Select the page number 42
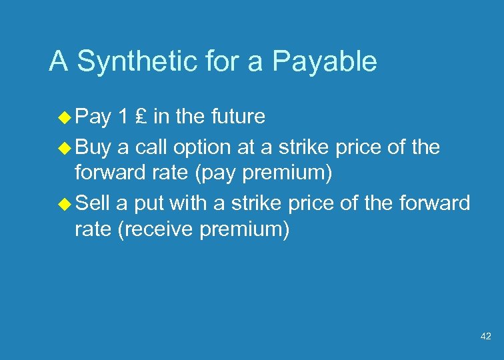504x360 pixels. point(485,337)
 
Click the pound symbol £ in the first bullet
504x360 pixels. point(139,117)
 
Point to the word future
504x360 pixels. point(238,117)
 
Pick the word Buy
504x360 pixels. point(93,147)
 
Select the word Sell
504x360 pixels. point(93,203)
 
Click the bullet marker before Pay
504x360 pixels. point(65,118)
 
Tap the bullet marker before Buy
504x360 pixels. point(65,147)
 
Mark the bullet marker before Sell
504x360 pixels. point(65,203)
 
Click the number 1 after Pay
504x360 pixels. point(121,117)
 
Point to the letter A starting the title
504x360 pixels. point(59,62)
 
